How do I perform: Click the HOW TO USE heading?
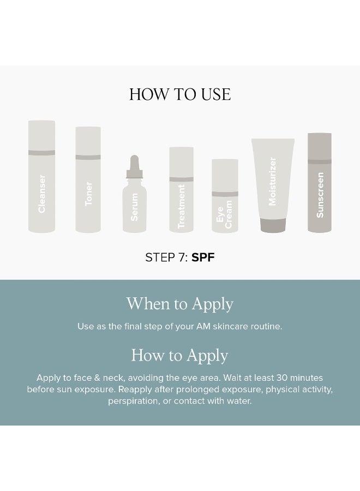click(180, 94)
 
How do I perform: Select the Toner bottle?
click(88, 179)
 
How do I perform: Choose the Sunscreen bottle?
click(320, 182)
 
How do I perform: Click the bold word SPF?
click(203, 258)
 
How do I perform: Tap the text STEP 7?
click(166, 258)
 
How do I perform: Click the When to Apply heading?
click(180, 304)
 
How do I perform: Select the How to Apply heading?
click(180, 356)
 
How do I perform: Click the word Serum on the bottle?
click(134, 207)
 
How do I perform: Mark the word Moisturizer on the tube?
click(273, 181)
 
